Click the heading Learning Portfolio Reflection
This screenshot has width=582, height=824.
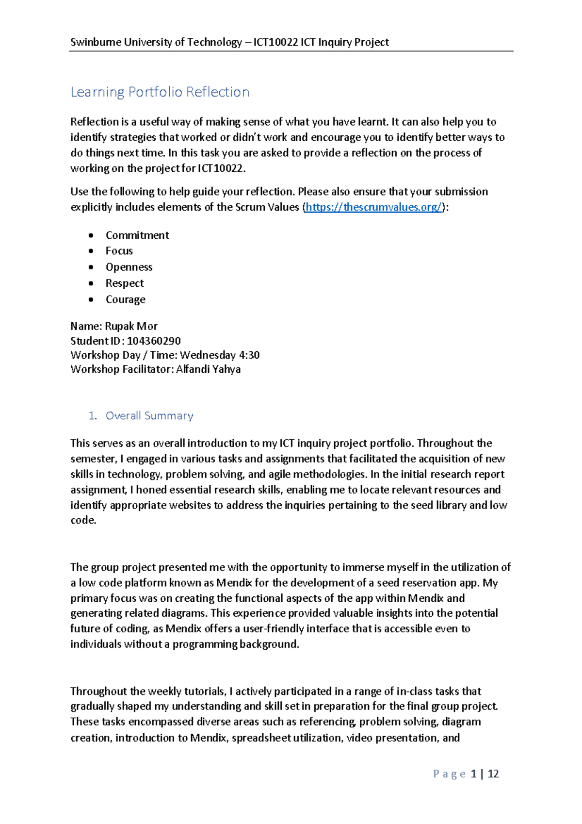point(160,92)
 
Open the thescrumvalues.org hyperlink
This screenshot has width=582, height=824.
point(373,207)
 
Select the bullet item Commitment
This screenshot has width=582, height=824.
point(137,235)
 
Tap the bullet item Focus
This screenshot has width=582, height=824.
point(119,251)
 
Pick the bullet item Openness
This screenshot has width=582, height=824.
point(129,267)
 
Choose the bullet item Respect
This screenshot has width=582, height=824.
point(125,283)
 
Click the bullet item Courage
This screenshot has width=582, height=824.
point(126,299)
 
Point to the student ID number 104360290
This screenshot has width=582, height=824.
point(154,341)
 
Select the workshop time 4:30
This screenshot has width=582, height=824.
point(249,355)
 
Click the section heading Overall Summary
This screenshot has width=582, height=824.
point(149,416)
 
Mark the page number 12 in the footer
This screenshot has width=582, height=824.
point(493,774)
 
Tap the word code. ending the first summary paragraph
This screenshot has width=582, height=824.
point(83,520)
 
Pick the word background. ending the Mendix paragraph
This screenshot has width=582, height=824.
point(269,644)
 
